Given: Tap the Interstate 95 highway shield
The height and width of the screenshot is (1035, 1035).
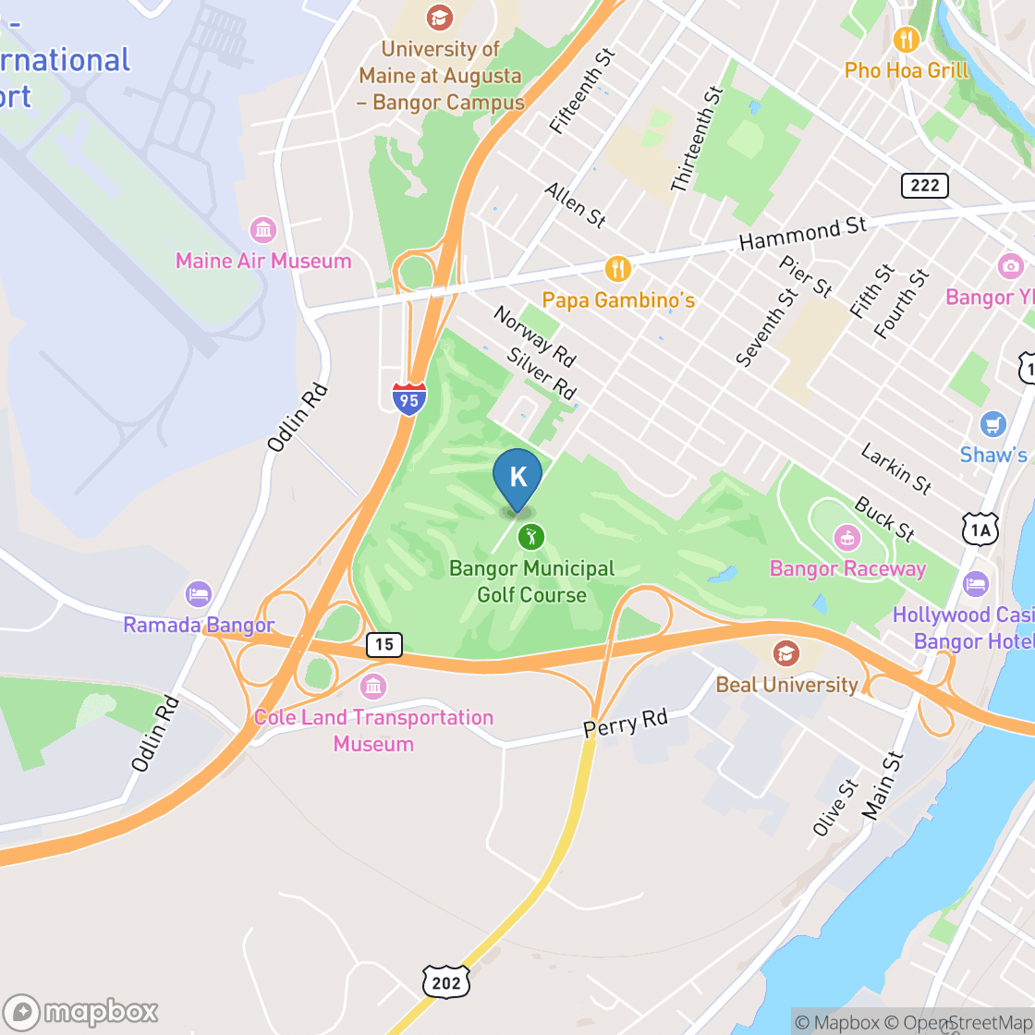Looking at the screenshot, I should (408, 398).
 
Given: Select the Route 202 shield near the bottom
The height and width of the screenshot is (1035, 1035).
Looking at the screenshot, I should (445, 981).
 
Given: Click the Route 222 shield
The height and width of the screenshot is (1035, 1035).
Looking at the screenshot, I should (924, 186).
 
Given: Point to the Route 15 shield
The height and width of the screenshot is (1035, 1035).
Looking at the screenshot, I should (384, 644).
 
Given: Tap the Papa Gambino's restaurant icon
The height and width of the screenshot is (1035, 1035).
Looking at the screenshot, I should (617, 270).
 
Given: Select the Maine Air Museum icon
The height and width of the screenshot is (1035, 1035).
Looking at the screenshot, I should (263, 230).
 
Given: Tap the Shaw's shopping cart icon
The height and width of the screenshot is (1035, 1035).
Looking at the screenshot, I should (993, 424).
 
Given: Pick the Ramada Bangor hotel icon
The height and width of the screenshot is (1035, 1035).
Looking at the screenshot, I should (199, 594).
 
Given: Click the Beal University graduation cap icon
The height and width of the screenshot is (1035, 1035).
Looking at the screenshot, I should (786, 653).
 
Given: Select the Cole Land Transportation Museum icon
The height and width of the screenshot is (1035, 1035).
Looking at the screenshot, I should (373, 687).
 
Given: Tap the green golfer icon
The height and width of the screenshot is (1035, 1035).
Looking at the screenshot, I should (530, 536).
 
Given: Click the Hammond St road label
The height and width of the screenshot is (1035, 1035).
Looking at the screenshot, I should (803, 234).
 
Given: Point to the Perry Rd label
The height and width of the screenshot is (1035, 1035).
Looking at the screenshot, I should (625, 723).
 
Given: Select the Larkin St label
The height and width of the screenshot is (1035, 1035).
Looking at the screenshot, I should (895, 468).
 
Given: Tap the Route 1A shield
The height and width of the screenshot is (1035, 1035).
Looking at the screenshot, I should (980, 529).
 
